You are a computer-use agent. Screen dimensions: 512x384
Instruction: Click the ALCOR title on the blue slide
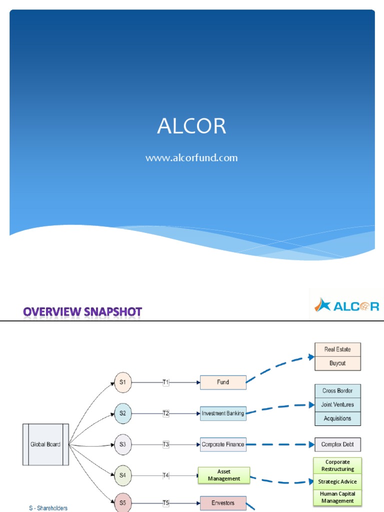tap(191, 127)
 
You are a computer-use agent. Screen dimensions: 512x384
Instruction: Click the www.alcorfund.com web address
tap(191, 158)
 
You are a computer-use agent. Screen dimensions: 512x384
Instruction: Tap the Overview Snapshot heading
tap(82, 312)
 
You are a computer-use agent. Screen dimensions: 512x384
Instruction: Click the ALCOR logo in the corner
tap(346, 304)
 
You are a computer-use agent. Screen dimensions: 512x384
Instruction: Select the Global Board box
tap(45, 444)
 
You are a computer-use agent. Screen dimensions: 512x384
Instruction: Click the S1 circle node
tap(122, 382)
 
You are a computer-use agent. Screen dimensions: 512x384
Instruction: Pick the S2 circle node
tap(122, 413)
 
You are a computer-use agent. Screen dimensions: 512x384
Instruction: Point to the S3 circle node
tap(122, 444)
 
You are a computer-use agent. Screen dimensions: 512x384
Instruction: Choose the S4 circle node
tap(122, 475)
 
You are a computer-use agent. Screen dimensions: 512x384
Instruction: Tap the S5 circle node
tap(122, 502)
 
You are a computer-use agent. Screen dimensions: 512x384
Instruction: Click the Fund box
tap(223, 382)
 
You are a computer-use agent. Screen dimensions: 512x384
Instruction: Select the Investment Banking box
tap(223, 413)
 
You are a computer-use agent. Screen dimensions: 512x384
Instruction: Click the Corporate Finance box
tap(223, 444)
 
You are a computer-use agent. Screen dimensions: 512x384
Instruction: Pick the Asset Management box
tap(223, 475)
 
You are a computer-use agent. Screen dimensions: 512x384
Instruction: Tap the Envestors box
tap(223, 503)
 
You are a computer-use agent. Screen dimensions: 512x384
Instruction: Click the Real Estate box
tap(337, 349)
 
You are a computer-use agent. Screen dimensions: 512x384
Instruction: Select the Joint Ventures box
tap(337, 404)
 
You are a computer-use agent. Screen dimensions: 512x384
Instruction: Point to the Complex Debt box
tap(337, 444)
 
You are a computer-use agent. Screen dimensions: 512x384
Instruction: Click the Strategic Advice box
tap(337, 482)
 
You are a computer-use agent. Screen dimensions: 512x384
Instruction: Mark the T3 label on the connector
tap(166, 444)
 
